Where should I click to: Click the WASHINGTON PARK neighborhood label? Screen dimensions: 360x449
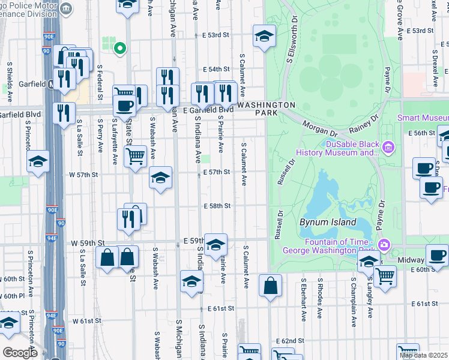(259, 109)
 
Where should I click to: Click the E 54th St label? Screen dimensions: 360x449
(216, 70)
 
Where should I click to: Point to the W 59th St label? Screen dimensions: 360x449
(84, 244)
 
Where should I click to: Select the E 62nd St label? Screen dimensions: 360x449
(290, 341)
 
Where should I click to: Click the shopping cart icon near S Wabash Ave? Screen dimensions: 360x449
(136, 156)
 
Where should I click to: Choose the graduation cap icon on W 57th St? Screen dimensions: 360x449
(160, 178)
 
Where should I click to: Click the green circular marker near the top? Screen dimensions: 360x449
(120, 49)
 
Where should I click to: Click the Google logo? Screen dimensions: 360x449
(20, 352)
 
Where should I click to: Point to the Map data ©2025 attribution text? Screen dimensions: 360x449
(424, 355)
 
